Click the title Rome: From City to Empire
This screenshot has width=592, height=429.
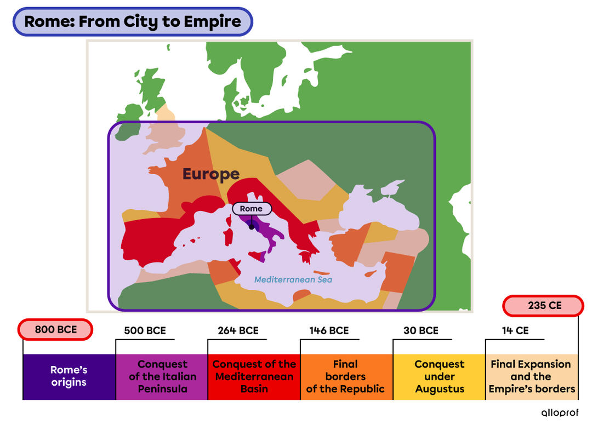[133, 22]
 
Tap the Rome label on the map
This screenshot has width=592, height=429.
[251, 209]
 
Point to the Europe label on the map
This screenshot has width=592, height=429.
[211, 174]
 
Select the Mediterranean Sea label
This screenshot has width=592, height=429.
[293, 280]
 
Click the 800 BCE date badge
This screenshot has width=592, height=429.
[55, 330]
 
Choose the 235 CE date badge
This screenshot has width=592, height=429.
[544, 306]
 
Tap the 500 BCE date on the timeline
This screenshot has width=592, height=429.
[145, 330]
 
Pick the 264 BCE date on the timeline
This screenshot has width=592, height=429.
[237, 330]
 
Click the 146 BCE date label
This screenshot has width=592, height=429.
[329, 330]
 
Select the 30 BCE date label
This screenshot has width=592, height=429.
[420, 330]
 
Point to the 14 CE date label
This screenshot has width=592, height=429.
[515, 330]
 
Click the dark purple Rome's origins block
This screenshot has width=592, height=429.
[69, 376]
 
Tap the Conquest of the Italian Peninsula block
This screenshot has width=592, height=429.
[162, 376]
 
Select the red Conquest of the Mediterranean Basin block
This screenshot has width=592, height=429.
[254, 376]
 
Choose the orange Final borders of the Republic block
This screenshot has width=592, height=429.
[346, 376]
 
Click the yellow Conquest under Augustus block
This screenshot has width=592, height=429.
[439, 376]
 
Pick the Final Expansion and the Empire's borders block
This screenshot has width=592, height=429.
[531, 376]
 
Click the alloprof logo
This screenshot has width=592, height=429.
[560, 413]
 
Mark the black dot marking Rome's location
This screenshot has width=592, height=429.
[252, 227]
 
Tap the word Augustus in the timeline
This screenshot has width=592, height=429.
[439, 389]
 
